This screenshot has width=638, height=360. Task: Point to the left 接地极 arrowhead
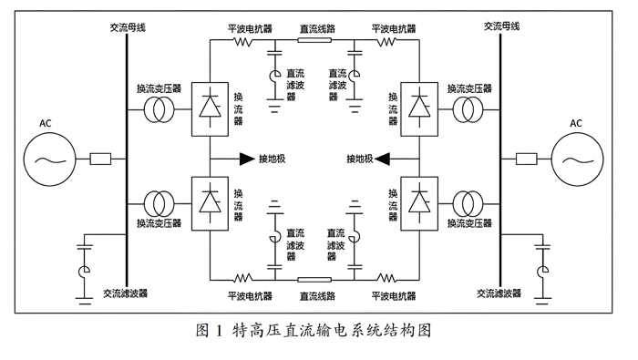click(x=247, y=159)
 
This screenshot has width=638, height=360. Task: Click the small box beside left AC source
click(x=100, y=159)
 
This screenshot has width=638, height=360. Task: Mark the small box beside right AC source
click(x=526, y=159)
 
